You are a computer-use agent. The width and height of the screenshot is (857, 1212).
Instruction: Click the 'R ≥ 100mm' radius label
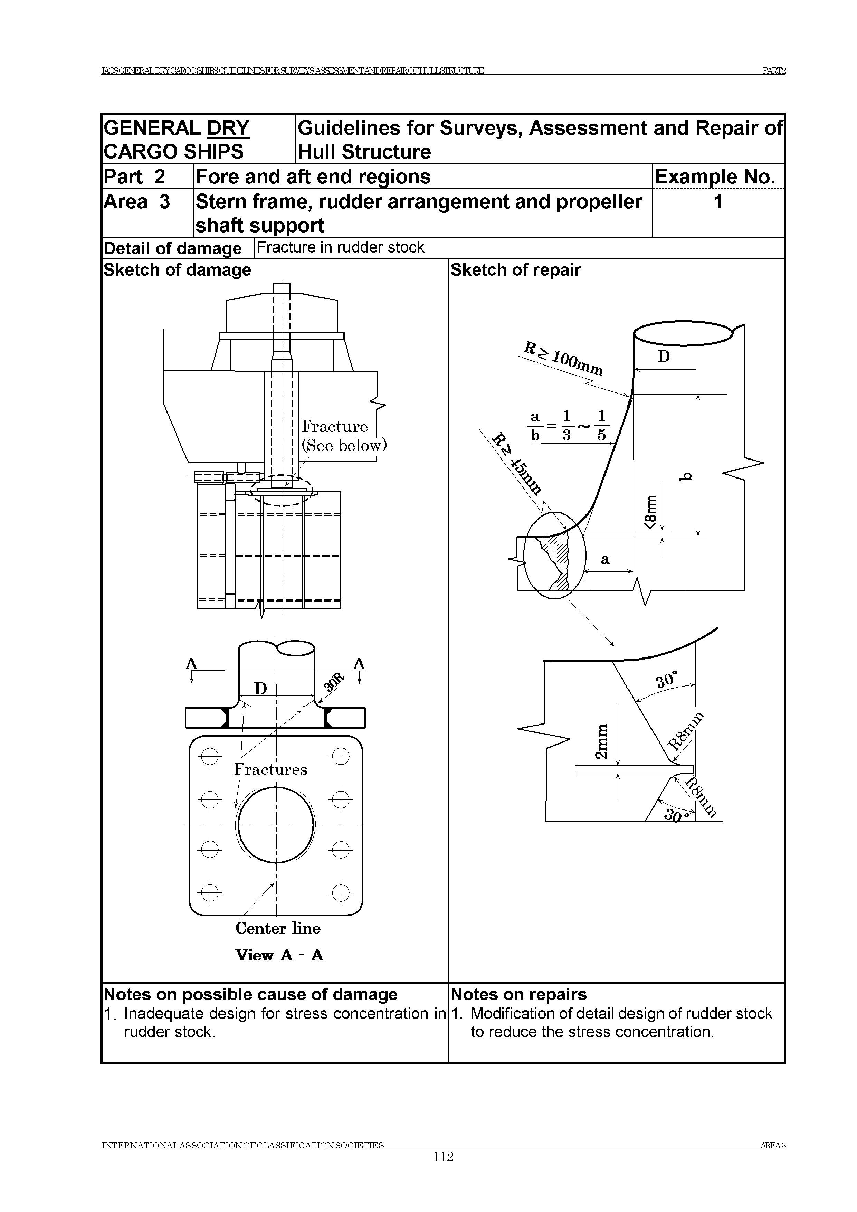pyautogui.click(x=563, y=358)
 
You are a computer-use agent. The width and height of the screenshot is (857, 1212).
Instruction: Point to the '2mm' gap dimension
pyautogui.click(x=602, y=741)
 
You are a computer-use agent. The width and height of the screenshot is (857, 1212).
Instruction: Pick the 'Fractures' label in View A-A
pyautogui.click(x=270, y=770)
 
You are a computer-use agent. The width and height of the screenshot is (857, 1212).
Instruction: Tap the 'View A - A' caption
pyautogui.click(x=279, y=955)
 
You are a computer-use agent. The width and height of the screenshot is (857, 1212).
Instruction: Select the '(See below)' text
pyautogui.click(x=344, y=446)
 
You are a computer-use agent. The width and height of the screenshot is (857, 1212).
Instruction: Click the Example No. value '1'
pyautogui.click(x=718, y=202)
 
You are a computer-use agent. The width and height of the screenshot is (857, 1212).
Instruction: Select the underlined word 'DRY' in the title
pyautogui.click(x=228, y=128)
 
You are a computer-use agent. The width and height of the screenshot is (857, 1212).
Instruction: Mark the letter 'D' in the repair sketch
pyautogui.click(x=663, y=357)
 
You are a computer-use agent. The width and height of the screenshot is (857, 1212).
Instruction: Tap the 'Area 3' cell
pyautogui.click(x=137, y=202)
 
